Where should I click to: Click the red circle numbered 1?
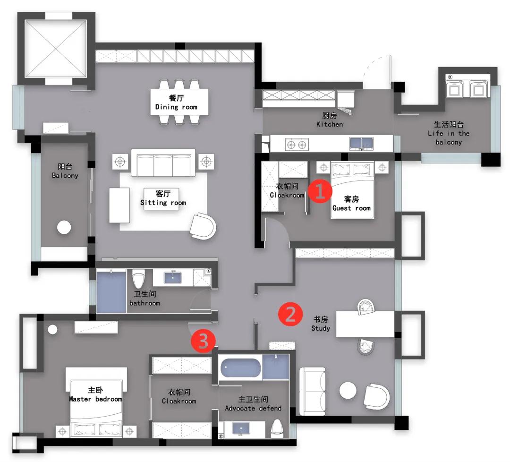(x=320, y=191)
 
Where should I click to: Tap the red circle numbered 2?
(x=290, y=314)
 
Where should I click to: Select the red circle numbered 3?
(x=203, y=341)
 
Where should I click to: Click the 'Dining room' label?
(x=176, y=107)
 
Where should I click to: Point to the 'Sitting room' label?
(x=163, y=203)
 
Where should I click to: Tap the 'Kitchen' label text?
(x=330, y=124)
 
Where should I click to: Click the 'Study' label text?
(x=321, y=328)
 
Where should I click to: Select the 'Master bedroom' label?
(x=95, y=399)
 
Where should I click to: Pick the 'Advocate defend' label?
(x=253, y=408)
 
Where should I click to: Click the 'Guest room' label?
(x=351, y=208)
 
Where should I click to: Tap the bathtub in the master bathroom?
(x=241, y=368)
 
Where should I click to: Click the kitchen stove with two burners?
(x=297, y=144)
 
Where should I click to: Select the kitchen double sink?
(x=361, y=143)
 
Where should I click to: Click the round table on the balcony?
(x=64, y=227)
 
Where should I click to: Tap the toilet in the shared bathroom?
(x=138, y=280)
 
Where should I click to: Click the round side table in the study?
(x=348, y=390)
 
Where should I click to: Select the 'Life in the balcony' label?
(x=449, y=133)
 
